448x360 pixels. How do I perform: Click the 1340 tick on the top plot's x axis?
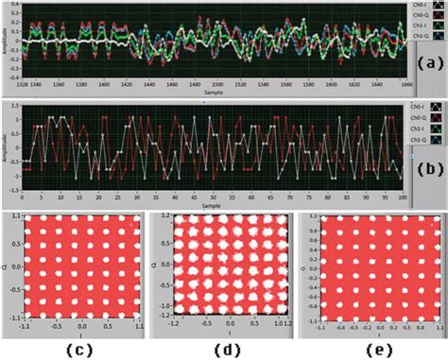(38, 85)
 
